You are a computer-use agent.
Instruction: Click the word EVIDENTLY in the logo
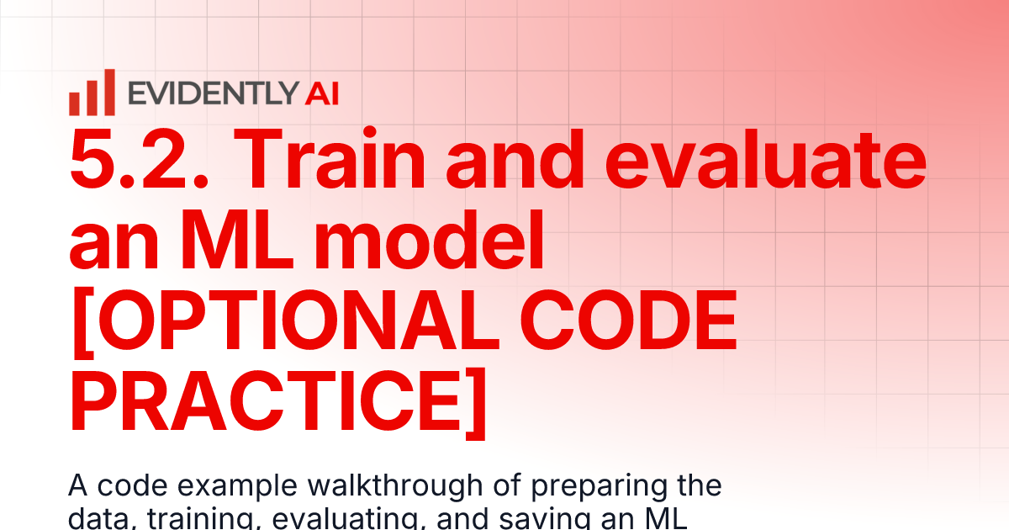(214, 93)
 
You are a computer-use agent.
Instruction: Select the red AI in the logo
(322, 93)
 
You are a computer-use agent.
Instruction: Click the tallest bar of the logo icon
(108, 92)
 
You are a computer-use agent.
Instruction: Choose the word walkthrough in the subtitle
(383, 486)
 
